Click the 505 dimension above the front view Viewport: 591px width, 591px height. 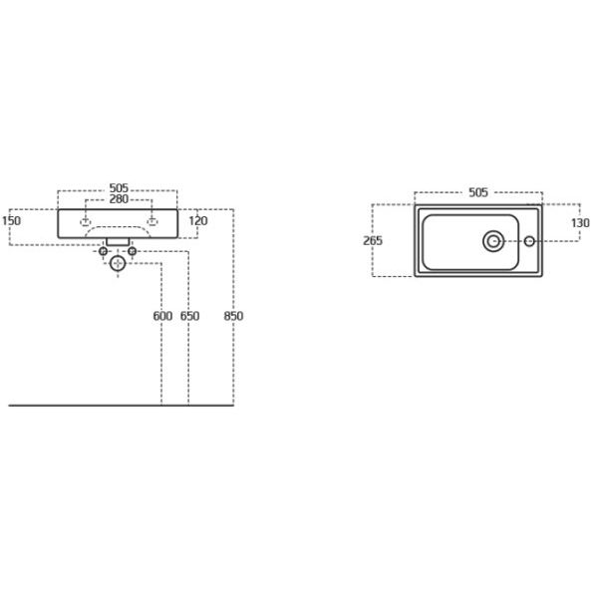coord(119,187)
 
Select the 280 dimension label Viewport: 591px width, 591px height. coord(119,199)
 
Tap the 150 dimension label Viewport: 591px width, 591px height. coord(11,221)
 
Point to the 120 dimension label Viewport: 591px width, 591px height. coord(198,221)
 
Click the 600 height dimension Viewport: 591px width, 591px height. coord(162,316)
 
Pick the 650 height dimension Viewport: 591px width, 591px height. coord(189,316)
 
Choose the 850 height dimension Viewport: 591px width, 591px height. coord(233,316)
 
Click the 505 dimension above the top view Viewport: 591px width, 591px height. coord(478,192)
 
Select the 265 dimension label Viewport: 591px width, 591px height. coord(373,240)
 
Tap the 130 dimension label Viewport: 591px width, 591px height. coord(580,223)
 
